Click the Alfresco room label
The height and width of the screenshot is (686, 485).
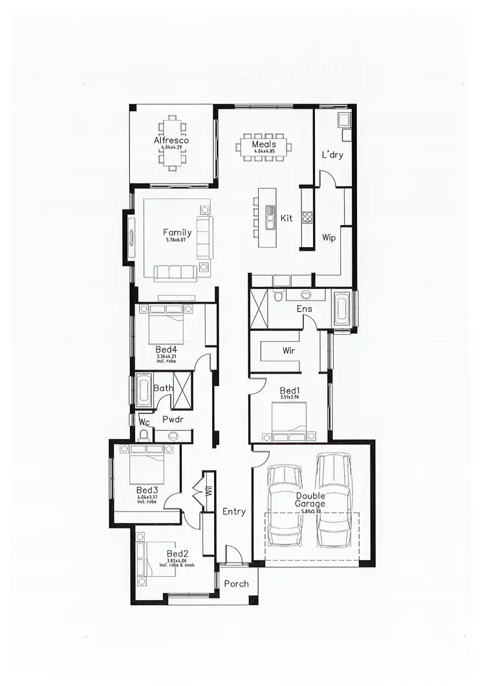(171, 140)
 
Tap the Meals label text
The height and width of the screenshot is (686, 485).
(264, 144)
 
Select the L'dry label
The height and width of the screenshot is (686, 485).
(332, 155)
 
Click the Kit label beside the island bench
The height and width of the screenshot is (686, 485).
(286, 219)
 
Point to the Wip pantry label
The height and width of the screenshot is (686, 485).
(329, 238)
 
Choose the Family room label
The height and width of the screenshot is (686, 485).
(177, 233)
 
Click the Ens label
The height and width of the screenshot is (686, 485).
(305, 309)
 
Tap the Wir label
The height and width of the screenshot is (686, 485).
(289, 350)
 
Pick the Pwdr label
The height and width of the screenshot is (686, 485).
(173, 419)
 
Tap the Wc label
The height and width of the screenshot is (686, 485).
(145, 422)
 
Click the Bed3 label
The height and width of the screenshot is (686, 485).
(147, 490)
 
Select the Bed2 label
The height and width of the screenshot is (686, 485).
(177, 553)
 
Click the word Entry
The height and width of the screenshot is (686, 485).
(234, 511)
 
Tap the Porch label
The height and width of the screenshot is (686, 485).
(236, 584)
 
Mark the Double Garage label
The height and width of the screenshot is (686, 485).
(310, 500)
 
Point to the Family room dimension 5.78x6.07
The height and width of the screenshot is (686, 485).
(177, 241)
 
